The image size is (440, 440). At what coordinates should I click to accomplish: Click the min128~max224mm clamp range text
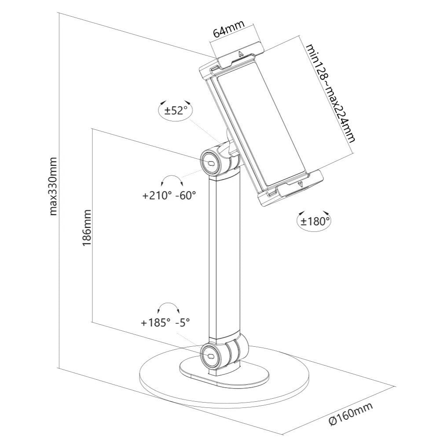coord(330,93)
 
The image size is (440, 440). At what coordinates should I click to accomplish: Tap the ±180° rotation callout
coord(315,221)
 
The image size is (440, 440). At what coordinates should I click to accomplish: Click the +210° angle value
coord(157,196)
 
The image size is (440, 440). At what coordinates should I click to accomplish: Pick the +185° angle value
coord(155,323)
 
